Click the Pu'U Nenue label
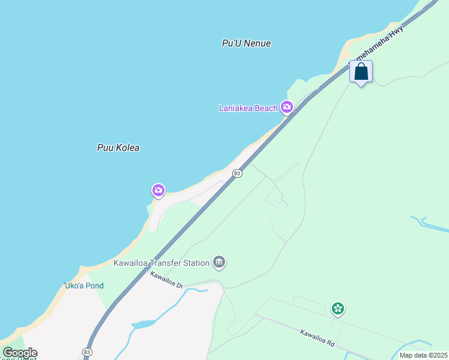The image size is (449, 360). coord(246,43)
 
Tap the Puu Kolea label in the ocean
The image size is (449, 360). coord(118,148)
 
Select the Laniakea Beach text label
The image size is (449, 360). coord(248,108)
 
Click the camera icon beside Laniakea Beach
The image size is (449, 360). coord(287,107)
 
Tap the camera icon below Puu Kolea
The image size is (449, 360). coord(158,191)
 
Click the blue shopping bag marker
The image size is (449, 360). coord(361,72)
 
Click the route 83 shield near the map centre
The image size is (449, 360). coord(237,173)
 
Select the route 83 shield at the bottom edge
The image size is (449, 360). coord(88,352)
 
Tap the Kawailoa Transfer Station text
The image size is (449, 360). coord(161,263)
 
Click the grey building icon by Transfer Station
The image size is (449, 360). coord(219,262)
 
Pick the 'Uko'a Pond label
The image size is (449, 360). coord(83,286)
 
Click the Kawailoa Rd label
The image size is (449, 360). coord(318,337)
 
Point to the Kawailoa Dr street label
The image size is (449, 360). coord(166,280)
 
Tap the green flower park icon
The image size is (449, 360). coord(338,309)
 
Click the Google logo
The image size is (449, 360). coord(20,353)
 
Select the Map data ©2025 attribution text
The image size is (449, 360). coord(423,355)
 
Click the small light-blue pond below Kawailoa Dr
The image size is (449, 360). coord(143,325)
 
